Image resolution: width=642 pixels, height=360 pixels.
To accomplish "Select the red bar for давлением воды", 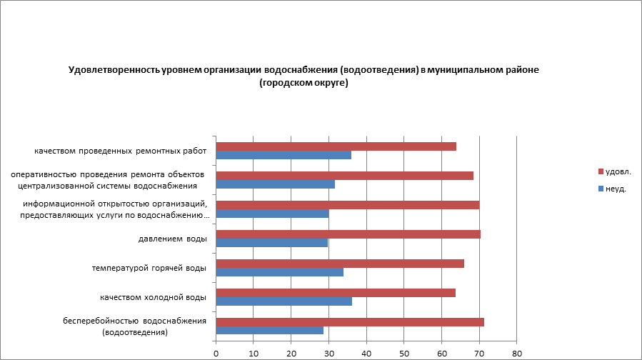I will pyautogui.click(x=348, y=234).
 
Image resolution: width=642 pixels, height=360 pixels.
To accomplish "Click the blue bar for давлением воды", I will pyautogui.click(x=271, y=242).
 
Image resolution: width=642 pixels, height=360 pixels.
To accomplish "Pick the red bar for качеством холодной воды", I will pyautogui.click(x=335, y=292).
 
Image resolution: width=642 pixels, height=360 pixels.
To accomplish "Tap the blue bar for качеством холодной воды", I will pyautogui.click(x=284, y=301).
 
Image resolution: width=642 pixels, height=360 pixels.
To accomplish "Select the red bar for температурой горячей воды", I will pyautogui.click(x=339, y=263).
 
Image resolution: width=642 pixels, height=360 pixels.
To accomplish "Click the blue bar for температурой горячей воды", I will pyautogui.click(x=279, y=271).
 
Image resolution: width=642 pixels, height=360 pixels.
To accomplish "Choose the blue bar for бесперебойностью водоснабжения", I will pyautogui.click(x=269, y=330).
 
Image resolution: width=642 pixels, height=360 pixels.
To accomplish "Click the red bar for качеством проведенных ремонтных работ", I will pyautogui.click(x=336, y=146).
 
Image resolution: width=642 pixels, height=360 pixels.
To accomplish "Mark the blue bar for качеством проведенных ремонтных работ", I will pyautogui.click(x=283, y=155).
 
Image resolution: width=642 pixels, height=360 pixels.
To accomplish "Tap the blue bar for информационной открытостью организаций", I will pyautogui.click(x=272, y=214).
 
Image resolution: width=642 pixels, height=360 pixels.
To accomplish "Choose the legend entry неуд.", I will pyautogui.click(x=615, y=189).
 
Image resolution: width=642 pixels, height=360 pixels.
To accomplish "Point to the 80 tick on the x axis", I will pyautogui.click(x=517, y=353).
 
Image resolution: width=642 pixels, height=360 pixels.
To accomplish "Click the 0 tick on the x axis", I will pyautogui.click(x=216, y=353).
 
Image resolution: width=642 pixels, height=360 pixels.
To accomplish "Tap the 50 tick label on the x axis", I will pyautogui.click(x=404, y=353).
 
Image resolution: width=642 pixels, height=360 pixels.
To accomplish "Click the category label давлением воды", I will pyautogui.click(x=172, y=239).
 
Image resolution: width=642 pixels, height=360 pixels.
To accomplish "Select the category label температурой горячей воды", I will pyautogui.click(x=149, y=268).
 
